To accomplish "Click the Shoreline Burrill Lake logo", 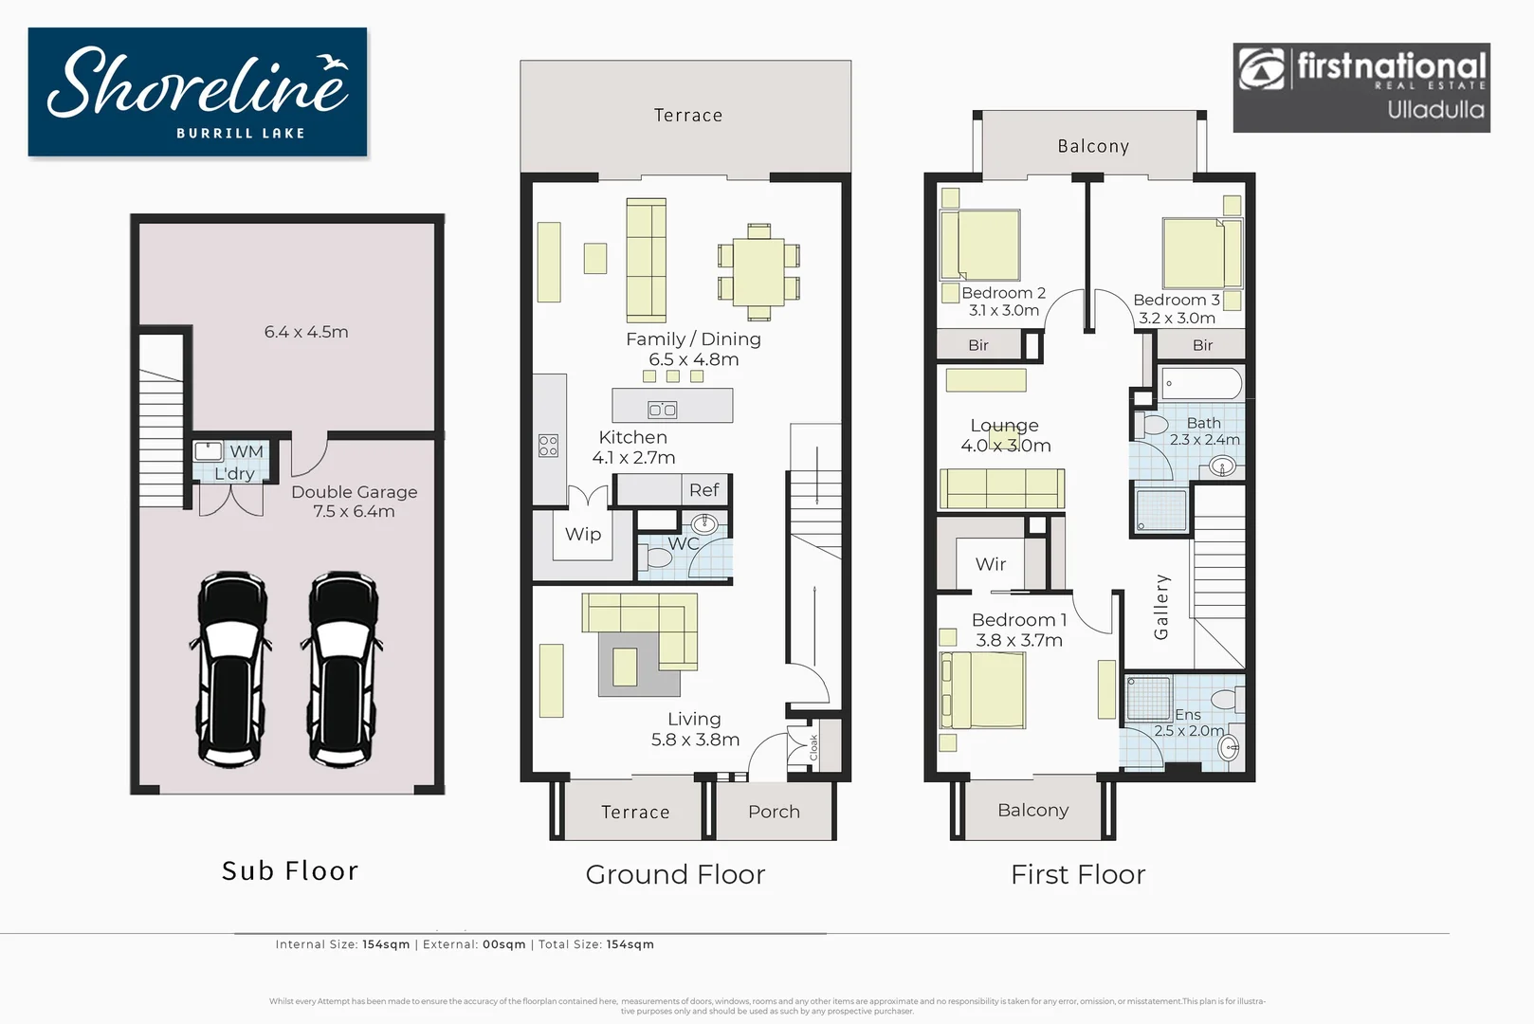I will point(197,92).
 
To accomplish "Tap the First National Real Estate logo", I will point(1361,87).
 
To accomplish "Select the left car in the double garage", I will point(233,668).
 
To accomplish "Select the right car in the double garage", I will point(343,668).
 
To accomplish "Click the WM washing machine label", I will point(247,452).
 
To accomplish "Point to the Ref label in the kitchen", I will point(703,490).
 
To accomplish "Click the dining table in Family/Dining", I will point(758,271).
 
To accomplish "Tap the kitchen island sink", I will point(662,410).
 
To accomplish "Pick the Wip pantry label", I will point(583,534).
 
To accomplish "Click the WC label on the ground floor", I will point(683,543).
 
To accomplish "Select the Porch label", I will point(774,812).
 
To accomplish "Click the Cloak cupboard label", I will point(813,747).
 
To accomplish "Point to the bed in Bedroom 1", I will point(983,691).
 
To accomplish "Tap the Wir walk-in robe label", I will point(991,564).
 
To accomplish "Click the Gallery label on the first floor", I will point(1161,607).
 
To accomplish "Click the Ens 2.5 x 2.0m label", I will point(1189,722).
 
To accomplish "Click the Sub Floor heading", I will point(290,870).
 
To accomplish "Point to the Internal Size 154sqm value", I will point(386,944).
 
